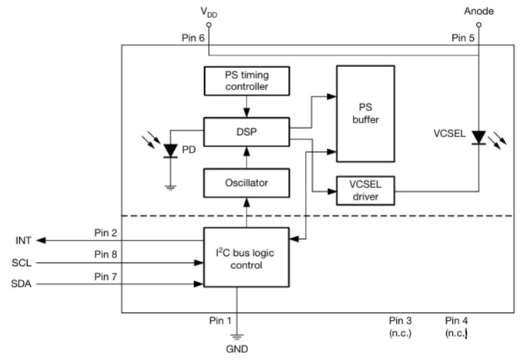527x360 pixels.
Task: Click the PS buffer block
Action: [x=365, y=113]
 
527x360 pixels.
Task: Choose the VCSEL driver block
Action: [x=365, y=190]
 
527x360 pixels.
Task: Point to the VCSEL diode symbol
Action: [x=478, y=138]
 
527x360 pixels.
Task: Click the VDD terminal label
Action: [x=207, y=12]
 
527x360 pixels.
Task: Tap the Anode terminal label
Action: [x=478, y=11]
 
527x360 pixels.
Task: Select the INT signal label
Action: [x=22, y=241]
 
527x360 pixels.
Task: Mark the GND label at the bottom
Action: [x=237, y=349]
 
